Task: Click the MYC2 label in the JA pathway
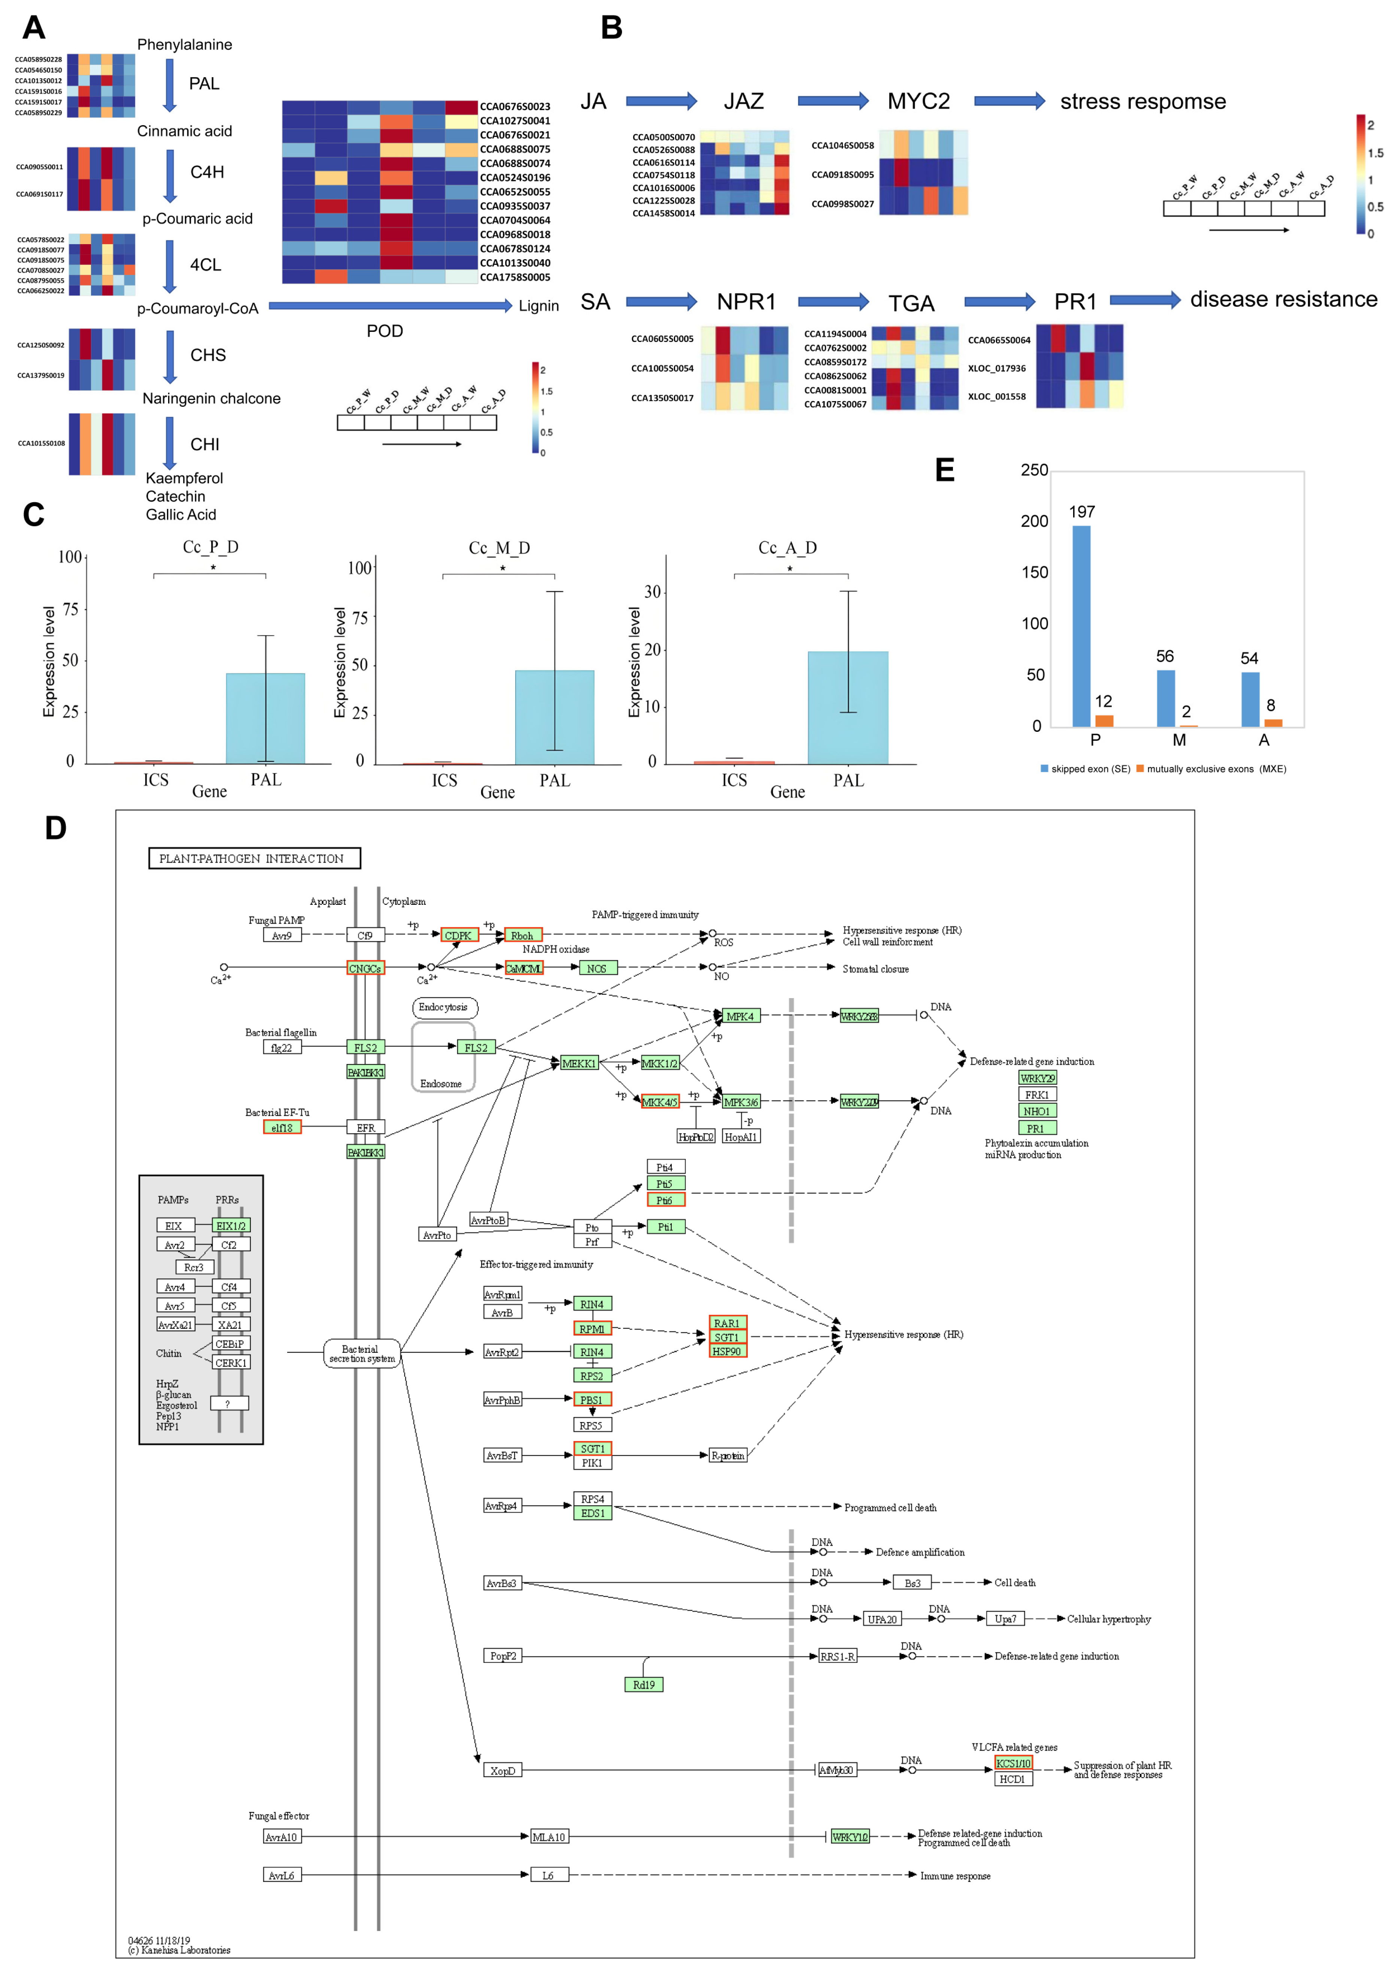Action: click(918, 101)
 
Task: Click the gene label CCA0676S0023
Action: click(515, 106)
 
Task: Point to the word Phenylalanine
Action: click(185, 45)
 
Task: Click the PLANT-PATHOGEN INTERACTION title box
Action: click(254, 858)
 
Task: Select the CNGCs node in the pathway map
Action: click(365, 969)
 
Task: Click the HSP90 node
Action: click(727, 1351)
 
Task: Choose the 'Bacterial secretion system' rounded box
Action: click(361, 1354)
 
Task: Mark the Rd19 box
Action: click(644, 1685)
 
